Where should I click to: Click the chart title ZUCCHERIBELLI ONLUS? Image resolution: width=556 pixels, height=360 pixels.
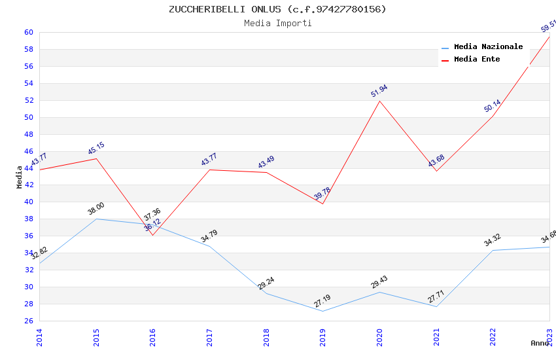(277, 9)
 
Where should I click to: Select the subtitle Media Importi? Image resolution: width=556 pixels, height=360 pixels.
(278, 24)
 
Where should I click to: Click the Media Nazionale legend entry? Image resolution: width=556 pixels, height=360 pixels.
(488, 47)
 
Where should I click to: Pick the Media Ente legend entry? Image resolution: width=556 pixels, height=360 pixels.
(477, 60)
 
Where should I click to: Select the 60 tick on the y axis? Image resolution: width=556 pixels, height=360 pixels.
(29, 32)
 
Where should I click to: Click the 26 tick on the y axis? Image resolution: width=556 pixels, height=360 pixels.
(29, 321)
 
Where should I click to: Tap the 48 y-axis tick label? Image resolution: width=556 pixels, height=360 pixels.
(29, 134)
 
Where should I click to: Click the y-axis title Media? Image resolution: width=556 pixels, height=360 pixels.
(20, 177)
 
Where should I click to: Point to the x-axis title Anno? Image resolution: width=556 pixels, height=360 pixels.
(540, 343)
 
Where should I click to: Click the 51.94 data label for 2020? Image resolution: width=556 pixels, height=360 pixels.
(379, 91)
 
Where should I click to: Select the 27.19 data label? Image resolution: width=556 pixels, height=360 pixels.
(322, 301)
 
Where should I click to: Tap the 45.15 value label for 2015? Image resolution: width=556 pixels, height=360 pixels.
(96, 149)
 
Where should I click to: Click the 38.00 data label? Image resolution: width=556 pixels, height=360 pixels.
(96, 209)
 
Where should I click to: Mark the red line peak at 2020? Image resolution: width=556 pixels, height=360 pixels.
(379, 100)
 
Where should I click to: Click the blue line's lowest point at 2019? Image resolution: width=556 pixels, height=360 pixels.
(323, 311)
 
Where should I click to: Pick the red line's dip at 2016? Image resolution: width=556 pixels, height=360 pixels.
(153, 235)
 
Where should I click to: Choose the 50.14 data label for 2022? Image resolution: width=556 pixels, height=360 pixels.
(493, 106)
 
